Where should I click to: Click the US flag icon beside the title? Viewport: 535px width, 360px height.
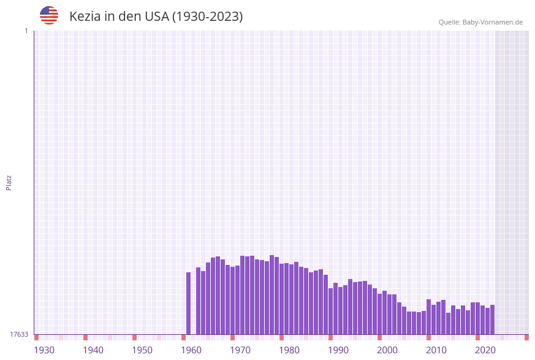coord(49,15)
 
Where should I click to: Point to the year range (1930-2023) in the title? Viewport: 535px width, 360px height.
coord(207,17)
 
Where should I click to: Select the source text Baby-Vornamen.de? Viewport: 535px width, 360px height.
coord(492,22)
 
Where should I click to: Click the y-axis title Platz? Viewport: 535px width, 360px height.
coord(9,182)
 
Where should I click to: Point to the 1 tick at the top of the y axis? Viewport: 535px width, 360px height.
coord(26,31)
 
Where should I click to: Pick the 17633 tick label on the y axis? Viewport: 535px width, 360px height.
coord(19,334)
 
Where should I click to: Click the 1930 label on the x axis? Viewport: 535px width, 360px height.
coord(44,350)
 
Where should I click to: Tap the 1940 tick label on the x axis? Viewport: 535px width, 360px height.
coord(93,350)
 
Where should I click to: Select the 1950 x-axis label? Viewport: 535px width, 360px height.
coord(142,350)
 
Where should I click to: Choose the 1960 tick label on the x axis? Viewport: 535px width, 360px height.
coord(191,350)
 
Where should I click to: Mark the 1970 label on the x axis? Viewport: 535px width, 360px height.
coord(240,350)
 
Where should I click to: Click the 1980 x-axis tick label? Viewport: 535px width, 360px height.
coord(289,350)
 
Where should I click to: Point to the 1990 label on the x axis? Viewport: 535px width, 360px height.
coord(338,350)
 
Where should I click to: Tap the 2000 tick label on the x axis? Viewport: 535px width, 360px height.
coord(387,350)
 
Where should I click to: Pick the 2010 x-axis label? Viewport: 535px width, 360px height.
coord(436,350)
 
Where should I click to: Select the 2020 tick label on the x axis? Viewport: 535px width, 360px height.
coord(485,350)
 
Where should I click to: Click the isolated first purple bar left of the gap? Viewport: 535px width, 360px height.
coord(189,303)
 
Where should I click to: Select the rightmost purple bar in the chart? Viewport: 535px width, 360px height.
coord(492,319)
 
